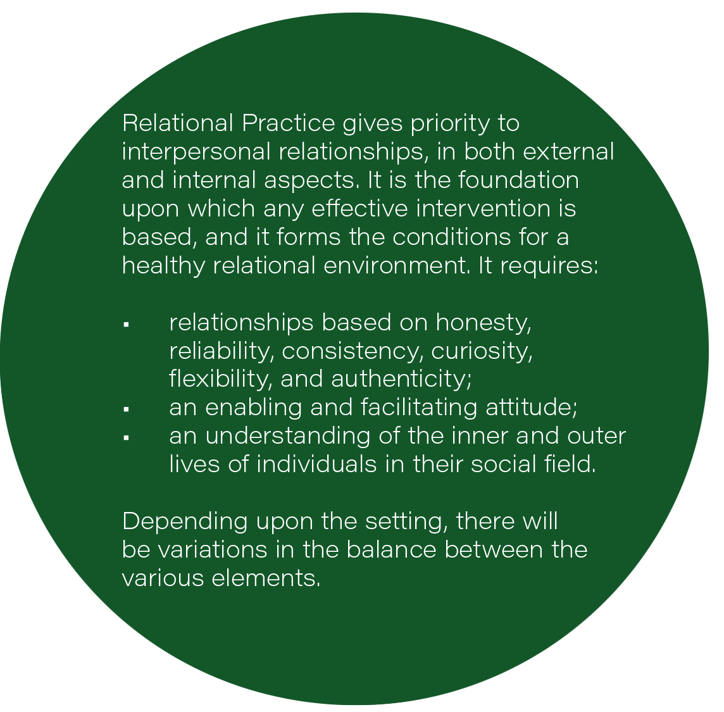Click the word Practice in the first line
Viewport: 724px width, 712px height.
click(x=288, y=123)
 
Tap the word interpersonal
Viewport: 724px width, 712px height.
click(x=196, y=153)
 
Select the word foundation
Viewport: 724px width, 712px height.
click(x=518, y=180)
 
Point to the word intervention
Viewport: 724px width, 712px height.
click(x=483, y=208)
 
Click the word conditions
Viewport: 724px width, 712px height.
click(x=452, y=237)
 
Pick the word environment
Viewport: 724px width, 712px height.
click(x=396, y=266)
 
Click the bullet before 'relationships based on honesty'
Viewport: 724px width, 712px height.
click(x=126, y=325)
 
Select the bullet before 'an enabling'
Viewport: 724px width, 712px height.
click(x=126, y=409)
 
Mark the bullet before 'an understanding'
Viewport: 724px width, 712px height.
click(x=126, y=438)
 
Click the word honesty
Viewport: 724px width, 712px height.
click(x=484, y=323)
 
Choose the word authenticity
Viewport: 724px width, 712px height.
click(x=401, y=380)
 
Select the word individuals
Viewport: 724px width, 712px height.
click(x=316, y=464)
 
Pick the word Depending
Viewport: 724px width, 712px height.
click(x=185, y=522)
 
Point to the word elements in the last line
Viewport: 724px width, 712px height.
click(x=266, y=578)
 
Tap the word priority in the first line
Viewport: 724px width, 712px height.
click(x=450, y=124)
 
